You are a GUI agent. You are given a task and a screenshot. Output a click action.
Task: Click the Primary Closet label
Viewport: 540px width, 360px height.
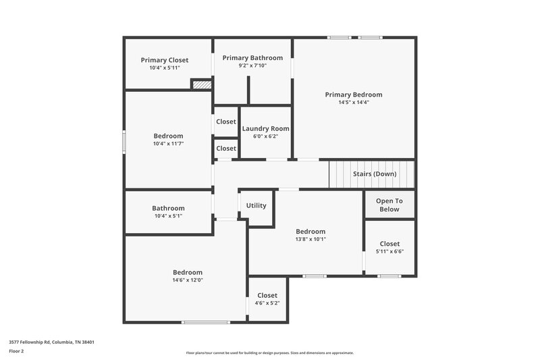click(165, 60)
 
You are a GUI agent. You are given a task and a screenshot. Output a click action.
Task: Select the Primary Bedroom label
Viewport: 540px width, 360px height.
click(353, 95)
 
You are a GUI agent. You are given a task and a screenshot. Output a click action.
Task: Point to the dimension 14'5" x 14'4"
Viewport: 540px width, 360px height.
click(353, 103)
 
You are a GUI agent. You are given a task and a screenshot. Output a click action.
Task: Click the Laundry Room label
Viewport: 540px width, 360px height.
click(265, 128)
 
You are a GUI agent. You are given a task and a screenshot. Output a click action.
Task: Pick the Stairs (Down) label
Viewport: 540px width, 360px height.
click(375, 174)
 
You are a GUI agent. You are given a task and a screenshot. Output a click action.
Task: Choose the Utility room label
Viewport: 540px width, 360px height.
click(256, 205)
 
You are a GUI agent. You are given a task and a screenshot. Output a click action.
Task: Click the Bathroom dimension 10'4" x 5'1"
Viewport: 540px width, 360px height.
click(168, 216)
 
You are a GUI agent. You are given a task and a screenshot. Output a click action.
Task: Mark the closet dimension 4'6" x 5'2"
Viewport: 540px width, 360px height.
click(267, 303)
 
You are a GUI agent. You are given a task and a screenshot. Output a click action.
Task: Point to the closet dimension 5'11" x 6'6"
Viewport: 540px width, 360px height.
click(389, 252)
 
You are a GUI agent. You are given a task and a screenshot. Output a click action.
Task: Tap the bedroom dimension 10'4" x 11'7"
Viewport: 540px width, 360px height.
click(168, 144)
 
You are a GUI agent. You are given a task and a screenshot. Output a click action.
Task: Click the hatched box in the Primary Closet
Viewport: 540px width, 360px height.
click(201, 84)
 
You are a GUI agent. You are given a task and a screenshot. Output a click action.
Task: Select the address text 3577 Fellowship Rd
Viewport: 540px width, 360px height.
click(51, 342)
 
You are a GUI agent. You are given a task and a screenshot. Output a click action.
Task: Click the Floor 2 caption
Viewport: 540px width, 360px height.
click(17, 351)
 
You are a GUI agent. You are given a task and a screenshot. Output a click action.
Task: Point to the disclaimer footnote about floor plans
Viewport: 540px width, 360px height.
click(269, 353)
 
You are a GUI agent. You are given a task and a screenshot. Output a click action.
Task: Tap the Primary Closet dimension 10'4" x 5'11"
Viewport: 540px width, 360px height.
click(165, 68)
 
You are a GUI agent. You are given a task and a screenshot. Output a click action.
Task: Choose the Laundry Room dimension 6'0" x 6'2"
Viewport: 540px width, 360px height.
click(265, 136)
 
